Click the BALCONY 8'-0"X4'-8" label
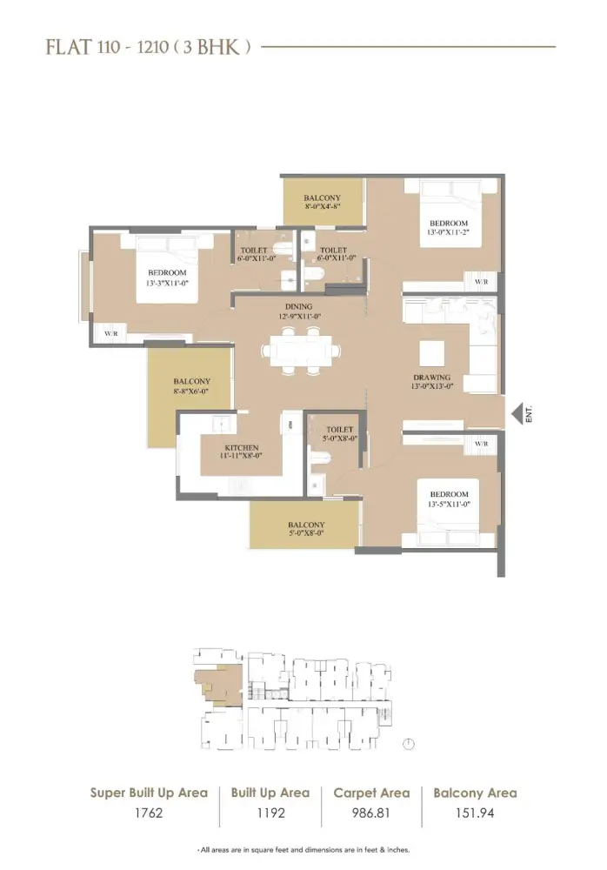[x=322, y=203]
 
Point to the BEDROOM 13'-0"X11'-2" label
[x=447, y=229]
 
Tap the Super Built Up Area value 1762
[x=149, y=815]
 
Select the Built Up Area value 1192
[x=270, y=815]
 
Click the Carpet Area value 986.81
[x=371, y=815]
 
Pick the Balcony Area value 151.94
[x=474, y=815]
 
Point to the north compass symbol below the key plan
[x=409, y=744]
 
